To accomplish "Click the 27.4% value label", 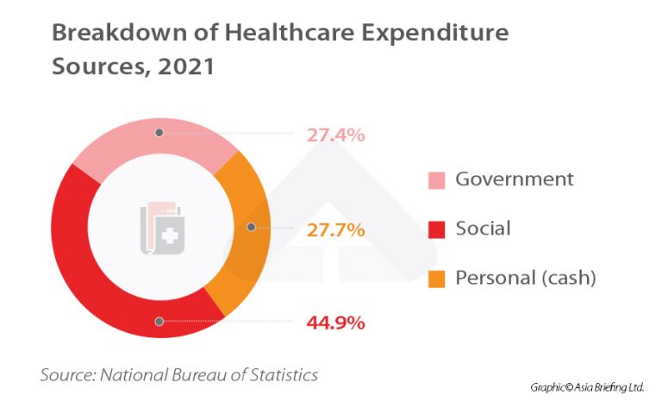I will (x=335, y=135).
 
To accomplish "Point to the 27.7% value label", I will (x=335, y=230).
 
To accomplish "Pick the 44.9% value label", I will (x=335, y=323).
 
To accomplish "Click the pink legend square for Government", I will (x=436, y=180).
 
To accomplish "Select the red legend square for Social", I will (x=436, y=229).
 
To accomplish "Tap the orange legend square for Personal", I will (x=436, y=279).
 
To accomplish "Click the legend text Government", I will (x=514, y=179).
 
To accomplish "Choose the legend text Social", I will (x=483, y=229).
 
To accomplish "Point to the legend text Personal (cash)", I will (x=526, y=278).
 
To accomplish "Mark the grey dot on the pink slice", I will (x=159, y=133).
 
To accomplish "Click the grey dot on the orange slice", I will (x=251, y=228).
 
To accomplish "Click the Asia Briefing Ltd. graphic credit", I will (x=587, y=387).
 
